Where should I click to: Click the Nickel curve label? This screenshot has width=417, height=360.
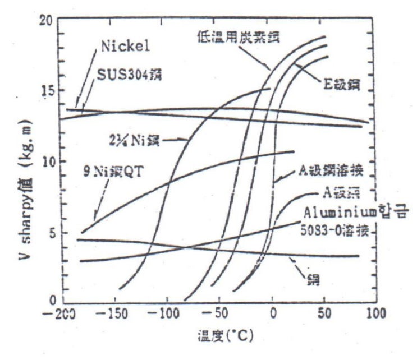point(126,46)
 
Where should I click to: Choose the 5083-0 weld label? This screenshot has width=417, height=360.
point(336,230)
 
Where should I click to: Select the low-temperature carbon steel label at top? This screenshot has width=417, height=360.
point(237,36)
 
